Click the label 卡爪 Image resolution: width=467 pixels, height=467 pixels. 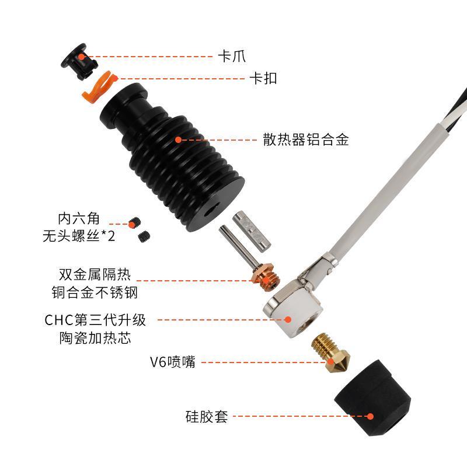231,57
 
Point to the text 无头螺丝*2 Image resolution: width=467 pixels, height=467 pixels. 78,236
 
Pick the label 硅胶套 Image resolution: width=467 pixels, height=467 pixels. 205,417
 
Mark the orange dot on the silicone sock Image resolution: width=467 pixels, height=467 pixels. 370,417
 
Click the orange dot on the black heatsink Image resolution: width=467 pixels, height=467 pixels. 178,140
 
